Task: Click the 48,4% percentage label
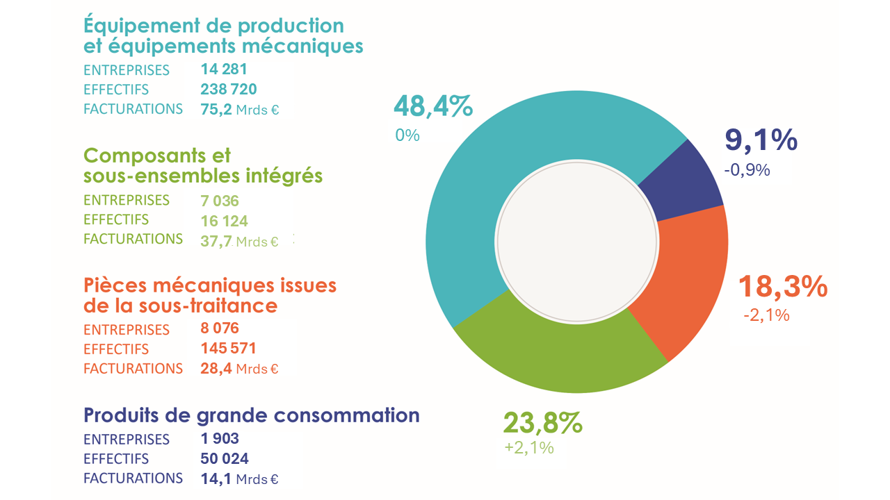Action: point(433,106)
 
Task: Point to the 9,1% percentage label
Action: point(761,140)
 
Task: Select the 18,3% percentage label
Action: point(782,286)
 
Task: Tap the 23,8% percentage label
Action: point(542,422)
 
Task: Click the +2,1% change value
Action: point(529,448)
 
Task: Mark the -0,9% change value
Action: point(747,169)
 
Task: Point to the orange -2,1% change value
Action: point(766,315)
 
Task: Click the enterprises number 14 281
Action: point(224,69)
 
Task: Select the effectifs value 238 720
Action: point(229,89)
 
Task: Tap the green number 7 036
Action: point(220,201)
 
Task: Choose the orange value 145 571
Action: point(229,348)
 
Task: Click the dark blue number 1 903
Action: point(220,439)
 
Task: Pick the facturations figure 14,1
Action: point(216,478)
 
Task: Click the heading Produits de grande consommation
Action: point(252,415)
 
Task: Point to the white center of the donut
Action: point(577,242)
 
